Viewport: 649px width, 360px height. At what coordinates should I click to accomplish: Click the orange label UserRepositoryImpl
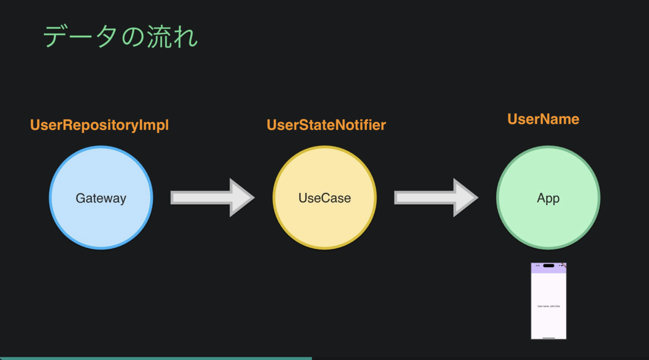tap(100, 125)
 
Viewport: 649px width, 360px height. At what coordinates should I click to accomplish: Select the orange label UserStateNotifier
tap(326, 125)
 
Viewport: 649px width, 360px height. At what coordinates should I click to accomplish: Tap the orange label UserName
tap(543, 119)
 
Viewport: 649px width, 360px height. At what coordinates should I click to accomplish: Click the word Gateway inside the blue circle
tap(101, 198)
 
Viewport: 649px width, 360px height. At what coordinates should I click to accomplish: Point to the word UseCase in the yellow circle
tap(325, 198)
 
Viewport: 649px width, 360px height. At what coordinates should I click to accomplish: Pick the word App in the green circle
tap(548, 198)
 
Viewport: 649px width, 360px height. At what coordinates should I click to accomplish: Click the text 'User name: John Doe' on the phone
tap(548, 306)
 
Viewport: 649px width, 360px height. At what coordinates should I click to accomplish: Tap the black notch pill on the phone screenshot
tap(548, 265)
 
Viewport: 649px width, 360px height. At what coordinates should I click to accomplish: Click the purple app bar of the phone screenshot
tap(548, 270)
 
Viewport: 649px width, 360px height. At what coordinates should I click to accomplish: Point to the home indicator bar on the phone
tap(548, 337)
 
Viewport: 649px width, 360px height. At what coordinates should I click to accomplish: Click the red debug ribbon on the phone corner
tap(564, 265)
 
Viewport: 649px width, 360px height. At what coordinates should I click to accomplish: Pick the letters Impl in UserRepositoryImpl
tap(155, 125)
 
